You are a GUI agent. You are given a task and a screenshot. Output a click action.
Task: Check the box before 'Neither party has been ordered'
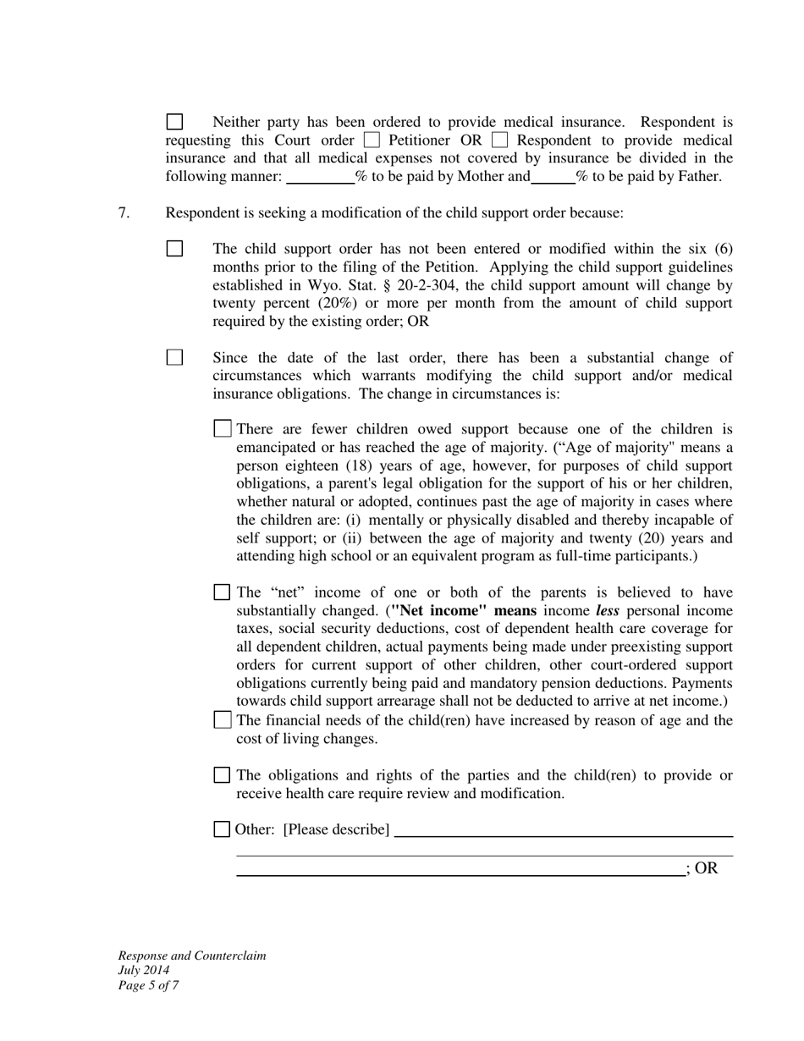point(174,122)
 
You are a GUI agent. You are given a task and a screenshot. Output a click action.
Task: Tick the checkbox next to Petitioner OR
point(372,140)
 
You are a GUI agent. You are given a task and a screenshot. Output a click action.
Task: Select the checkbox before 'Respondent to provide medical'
point(499,140)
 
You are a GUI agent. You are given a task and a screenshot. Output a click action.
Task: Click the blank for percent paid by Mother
point(320,177)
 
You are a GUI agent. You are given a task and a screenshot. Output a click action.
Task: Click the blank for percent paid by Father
point(553,177)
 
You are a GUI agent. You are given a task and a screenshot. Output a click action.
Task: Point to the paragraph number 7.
point(124,212)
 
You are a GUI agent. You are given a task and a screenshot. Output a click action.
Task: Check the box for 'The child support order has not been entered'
point(174,249)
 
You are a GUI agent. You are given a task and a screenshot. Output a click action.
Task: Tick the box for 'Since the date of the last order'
point(174,357)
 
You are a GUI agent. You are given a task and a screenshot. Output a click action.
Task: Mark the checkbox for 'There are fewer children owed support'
point(223,429)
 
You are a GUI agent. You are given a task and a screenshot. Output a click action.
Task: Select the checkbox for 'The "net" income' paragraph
point(222,592)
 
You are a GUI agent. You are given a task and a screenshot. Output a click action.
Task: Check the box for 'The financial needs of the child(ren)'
point(223,720)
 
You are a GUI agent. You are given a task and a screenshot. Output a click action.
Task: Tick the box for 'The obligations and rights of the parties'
point(222,775)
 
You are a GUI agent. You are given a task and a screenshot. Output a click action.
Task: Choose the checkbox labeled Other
point(222,829)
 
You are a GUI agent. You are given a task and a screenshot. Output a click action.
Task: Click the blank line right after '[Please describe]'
point(563,830)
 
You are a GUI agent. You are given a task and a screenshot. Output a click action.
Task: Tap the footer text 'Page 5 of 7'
point(148,985)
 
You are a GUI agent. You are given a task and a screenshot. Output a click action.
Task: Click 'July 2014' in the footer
point(144,971)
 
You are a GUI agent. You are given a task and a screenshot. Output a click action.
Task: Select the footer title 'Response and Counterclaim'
point(192,956)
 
